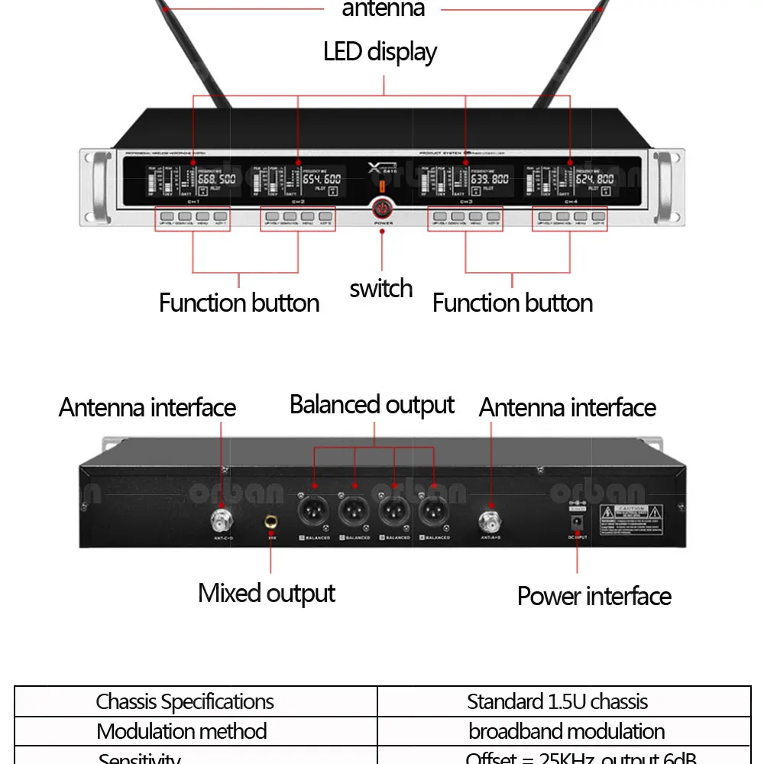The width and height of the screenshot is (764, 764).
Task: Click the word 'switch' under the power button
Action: coord(380,289)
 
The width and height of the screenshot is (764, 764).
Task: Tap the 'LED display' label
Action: coord(380,52)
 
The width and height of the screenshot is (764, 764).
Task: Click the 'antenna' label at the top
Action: coord(383,9)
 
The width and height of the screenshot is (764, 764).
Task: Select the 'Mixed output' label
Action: coord(267,594)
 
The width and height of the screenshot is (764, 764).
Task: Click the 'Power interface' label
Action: coord(594,596)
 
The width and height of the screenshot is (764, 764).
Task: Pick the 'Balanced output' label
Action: coord(372,405)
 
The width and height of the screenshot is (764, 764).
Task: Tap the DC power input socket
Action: coord(577,523)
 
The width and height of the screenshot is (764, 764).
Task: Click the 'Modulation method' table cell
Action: coord(182,731)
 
